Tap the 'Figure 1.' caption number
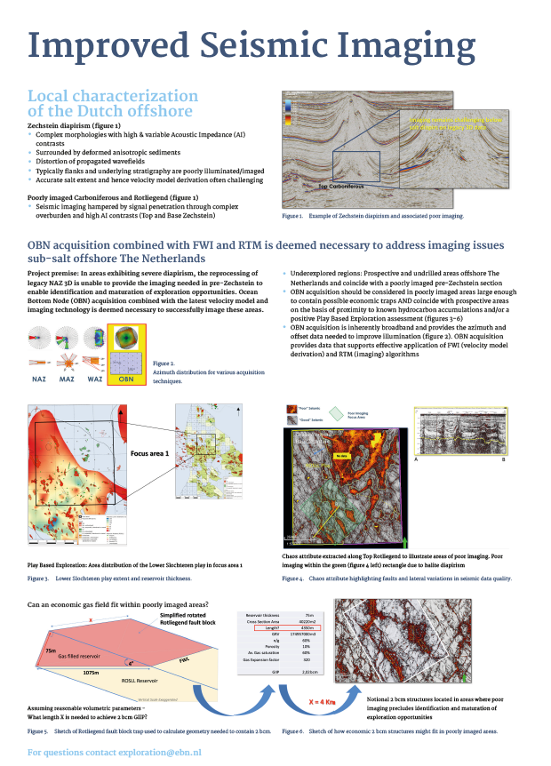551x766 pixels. (x=292, y=216)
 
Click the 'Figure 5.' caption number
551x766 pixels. (x=38, y=730)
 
